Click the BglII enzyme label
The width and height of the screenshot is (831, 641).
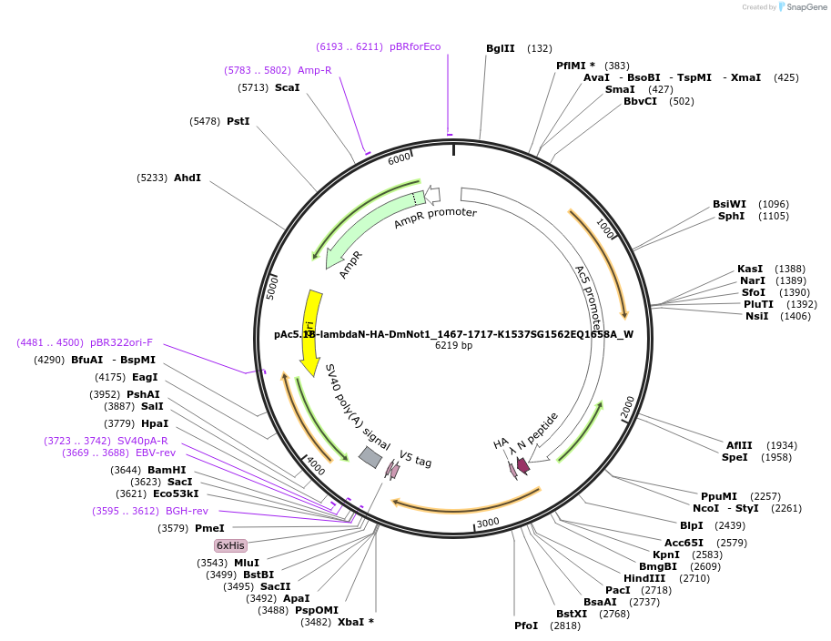tap(500, 48)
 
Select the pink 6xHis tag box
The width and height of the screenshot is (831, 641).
tap(230, 545)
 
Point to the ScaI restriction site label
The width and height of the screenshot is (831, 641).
tap(287, 87)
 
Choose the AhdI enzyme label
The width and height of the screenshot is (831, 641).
tap(187, 178)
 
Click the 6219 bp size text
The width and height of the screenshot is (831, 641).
tap(453, 346)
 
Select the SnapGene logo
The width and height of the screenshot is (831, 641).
tap(797, 7)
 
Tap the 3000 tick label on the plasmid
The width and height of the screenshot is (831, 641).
tap(489, 522)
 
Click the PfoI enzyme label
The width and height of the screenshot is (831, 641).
tap(526, 626)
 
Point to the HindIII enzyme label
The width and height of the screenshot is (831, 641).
tap(644, 578)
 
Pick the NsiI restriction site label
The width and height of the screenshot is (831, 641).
tap(756, 316)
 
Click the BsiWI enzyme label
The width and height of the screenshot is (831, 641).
tap(729, 204)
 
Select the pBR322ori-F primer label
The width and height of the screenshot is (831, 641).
tap(121, 342)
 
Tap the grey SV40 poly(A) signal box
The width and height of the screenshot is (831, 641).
tap(370, 457)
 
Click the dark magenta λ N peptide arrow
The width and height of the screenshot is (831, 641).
tap(522, 465)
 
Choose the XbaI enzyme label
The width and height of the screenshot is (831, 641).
tap(350, 622)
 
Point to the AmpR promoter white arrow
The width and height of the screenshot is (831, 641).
tap(433, 193)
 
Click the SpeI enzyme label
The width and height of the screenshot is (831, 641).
tap(735, 457)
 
